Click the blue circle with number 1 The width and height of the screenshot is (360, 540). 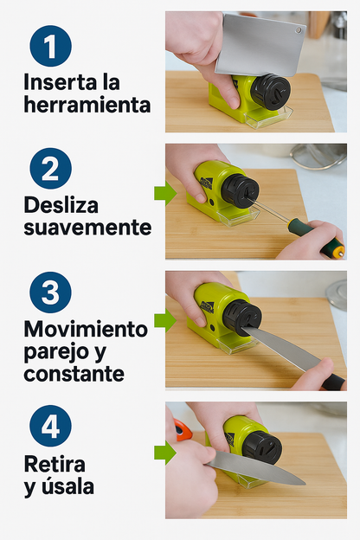(51, 46)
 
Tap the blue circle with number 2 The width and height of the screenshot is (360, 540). (51, 169)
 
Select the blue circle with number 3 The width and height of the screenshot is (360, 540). (51, 292)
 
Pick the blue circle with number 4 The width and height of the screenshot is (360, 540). (51, 426)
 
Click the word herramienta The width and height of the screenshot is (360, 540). (87, 105)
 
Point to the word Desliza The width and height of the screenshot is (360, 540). (61, 205)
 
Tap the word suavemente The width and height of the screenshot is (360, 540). (87, 228)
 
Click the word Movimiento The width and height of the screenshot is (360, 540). (86, 329)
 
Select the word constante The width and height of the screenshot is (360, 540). (74, 374)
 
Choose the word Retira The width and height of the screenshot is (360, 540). (55, 464)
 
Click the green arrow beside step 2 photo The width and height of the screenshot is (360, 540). (165, 194)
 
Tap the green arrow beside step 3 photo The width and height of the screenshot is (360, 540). (165, 320)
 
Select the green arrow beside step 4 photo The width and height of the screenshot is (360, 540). (165, 453)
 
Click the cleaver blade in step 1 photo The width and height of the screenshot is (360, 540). (260, 45)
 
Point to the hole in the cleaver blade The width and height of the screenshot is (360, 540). (299, 30)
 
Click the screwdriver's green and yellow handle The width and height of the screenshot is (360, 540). (316, 238)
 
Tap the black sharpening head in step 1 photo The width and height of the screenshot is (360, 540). (270, 92)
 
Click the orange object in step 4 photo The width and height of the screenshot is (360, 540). (183, 429)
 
